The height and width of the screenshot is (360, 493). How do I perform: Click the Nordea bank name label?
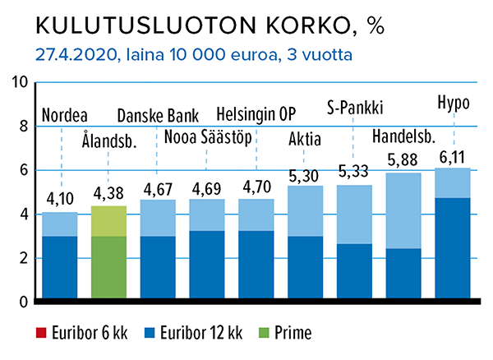point(64,114)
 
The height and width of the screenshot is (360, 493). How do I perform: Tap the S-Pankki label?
point(355,106)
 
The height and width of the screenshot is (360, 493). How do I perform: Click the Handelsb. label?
point(403,136)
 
